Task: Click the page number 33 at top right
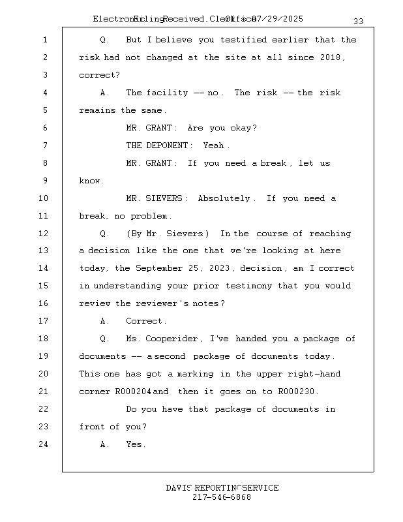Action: [x=359, y=22]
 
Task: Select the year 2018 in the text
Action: [x=333, y=57]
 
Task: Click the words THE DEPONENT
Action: [x=158, y=146]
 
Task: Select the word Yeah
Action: [x=216, y=146]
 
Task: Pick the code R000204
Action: [x=133, y=391]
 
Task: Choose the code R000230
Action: [x=298, y=391]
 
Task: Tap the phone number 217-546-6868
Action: [x=222, y=497]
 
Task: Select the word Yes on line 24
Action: [x=135, y=444]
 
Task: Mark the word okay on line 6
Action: [x=242, y=128]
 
